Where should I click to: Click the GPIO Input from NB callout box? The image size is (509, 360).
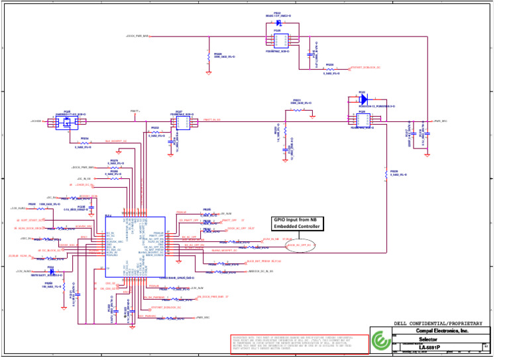click(x=298, y=223)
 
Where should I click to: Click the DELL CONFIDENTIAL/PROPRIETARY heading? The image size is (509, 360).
click(x=437, y=324)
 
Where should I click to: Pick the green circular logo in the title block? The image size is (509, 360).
click(x=380, y=341)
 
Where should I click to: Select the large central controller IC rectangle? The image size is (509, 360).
click(x=135, y=244)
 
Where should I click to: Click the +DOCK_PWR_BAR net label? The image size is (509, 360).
click(x=137, y=36)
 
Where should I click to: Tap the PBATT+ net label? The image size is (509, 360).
click(x=135, y=111)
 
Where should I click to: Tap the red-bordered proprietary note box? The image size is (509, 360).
click(x=298, y=345)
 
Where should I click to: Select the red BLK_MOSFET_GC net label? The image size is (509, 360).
click(x=116, y=141)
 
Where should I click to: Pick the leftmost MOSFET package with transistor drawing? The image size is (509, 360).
click(x=67, y=121)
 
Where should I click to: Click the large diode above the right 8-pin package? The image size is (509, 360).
click(x=363, y=100)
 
